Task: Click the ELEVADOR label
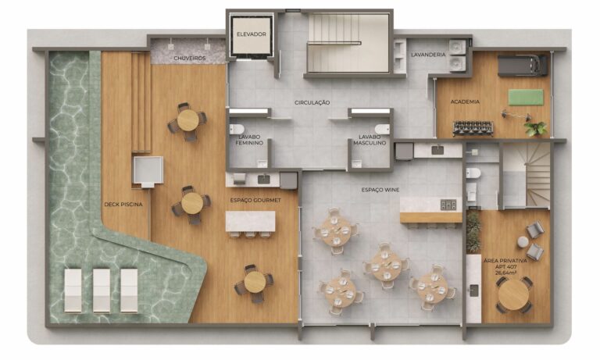[x=251, y=34]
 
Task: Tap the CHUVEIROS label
[x=190, y=58]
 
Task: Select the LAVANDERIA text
[x=428, y=55]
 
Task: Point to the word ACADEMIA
[x=465, y=102]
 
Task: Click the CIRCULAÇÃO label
[x=312, y=102]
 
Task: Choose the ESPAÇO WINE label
[x=380, y=190]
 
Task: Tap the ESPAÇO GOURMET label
[x=255, y=200]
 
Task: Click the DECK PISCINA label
[x=123, y=205]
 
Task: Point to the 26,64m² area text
[x=506, y=273]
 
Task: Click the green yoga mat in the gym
[x=526, y=97]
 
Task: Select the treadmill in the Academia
[x=523, y=65]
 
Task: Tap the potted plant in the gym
[x=535, y=129]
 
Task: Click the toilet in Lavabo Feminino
[x=237, y=130]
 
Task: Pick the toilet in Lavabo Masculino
[x=382, y=129]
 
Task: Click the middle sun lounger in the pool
[x=102, y=290]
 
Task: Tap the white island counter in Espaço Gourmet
[x=250, y=221]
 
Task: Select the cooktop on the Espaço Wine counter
[x=448, y=205]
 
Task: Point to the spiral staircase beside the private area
[x=526, y=176]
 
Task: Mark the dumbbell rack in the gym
[x=473, y=128]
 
